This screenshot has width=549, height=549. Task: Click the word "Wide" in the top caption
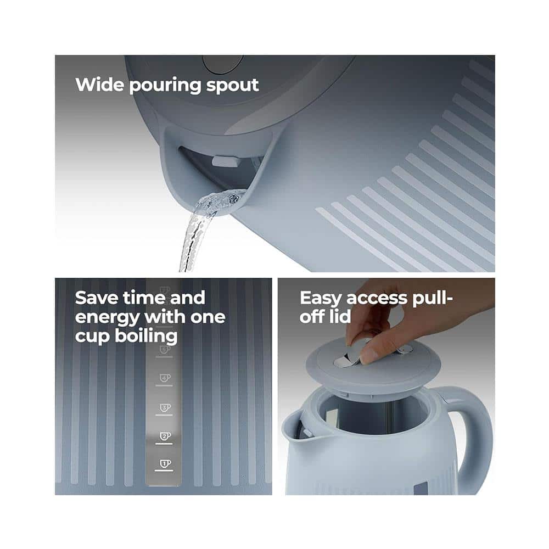pyautogui.click(x=99, y=85)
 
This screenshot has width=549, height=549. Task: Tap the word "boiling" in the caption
pyautogui.click(x=146, y=337)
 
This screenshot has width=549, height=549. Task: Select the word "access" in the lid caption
pyautogui.click(x=377, y=299)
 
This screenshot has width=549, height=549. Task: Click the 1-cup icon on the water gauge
pyautogui.click(x=165, y=463)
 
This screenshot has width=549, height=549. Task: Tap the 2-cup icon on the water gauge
pyautogui.click(x=165, y=436)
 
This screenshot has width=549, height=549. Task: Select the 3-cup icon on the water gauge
pyautogui.click(x=165, y=407)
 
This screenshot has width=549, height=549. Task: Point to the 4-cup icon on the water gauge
pyautogui.click(x=165, y=378)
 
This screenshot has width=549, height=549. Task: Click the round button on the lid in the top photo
pyautogui.click(x=222, y=64)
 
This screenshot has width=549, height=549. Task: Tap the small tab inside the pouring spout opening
pyautogui.click(x=225, y=161)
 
